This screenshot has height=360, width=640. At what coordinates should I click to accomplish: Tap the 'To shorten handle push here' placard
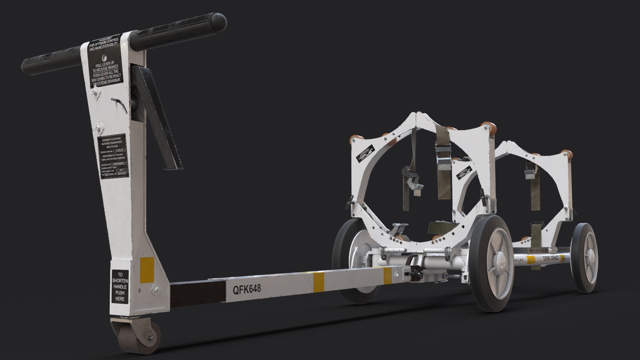(x=120, y=287)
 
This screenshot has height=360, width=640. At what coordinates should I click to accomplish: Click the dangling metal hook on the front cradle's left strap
(x=415, y=185)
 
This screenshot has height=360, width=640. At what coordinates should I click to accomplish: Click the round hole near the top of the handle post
(x=104, y=57)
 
